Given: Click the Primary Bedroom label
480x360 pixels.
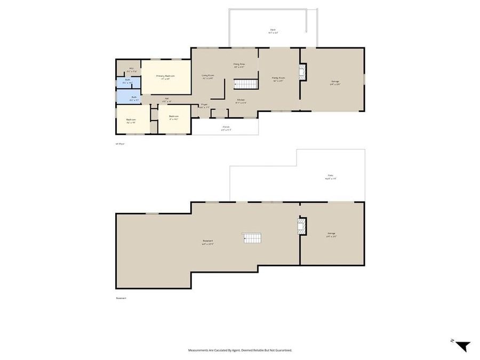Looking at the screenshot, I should [x=165, y=76].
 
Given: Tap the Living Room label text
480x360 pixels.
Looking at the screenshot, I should [x=207, y=75].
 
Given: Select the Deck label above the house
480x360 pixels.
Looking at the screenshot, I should [x=273, y=30].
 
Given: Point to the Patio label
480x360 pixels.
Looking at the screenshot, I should [x=331, y=176].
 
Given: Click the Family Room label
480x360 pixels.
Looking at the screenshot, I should [x=278, y=78].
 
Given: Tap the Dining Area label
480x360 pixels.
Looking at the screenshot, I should [x=238, y=65].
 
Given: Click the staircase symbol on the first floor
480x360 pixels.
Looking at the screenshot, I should [x=246, y=84].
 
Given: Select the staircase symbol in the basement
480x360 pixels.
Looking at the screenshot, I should [x=253, y=238].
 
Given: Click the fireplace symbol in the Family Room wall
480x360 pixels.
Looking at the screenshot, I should [x=302, y=72].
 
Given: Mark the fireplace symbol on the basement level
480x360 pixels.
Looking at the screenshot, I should [x=302, y=226].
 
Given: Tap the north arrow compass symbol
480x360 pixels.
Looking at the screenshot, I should [x=462, y=345].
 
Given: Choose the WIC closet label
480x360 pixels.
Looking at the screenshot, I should [x=131, y=68].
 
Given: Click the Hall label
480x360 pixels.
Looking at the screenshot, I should [x=167, y=98].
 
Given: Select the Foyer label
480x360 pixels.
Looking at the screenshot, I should [x=204, y=105].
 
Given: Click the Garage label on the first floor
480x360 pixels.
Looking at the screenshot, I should [x=334, y=81].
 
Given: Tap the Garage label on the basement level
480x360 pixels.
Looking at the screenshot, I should [x=331, y=233].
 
